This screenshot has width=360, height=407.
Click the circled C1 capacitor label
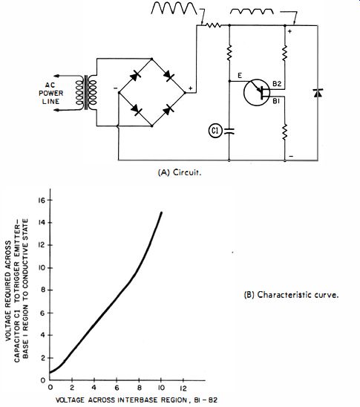(215, 131)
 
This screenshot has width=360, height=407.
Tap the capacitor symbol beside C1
(229, 131)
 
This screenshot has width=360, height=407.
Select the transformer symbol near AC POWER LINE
(86, 93)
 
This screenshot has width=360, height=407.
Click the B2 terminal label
(277, 84)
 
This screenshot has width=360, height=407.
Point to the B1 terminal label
(276, 101)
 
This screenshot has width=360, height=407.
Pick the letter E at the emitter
(240, 76)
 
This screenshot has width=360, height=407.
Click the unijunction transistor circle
(257, 92)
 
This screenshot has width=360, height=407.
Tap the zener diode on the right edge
(318, 93)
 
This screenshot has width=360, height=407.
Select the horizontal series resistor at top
(213, 25)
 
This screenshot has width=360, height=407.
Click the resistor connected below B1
(285, 132)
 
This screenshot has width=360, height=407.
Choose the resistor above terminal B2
(285, 53)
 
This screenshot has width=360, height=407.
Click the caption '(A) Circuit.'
(180, 172)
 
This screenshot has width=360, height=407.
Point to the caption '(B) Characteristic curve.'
(291, 295)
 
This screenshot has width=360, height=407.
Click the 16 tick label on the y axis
(42, 200)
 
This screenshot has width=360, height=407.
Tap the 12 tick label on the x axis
(183, 388)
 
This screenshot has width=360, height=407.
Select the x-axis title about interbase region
(137, 400)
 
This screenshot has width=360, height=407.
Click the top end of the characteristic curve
(161, 212)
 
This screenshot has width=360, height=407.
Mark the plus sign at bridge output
(191, 88)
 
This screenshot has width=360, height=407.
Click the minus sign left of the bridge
(115, 88)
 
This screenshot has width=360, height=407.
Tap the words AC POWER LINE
(50, 93)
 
